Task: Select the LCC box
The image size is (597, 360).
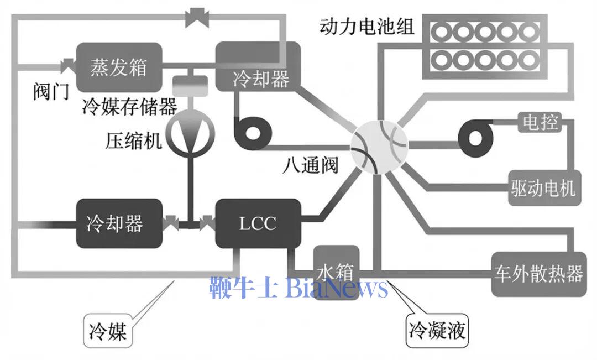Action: pyautogui.click(x=258, y=223)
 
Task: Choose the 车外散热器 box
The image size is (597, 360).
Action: pyautogui.click(x=538, y=274)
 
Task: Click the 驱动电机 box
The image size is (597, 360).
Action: pyautogui.click(x=542, y=189)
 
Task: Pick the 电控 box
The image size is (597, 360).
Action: pyautogui.click(x=539, y=122)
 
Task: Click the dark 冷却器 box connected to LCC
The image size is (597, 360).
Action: pyautogui.click(x=119, y=223)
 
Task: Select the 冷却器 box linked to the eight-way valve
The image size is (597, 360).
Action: pyautogui.click(x=259, y=67)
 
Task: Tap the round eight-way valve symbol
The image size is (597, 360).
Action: pyautogui.click(x=379, y=145)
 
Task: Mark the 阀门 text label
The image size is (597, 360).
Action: pyautogui.click(x=51, y=91)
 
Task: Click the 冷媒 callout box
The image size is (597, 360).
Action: pyautogui.click(x=108, y=331)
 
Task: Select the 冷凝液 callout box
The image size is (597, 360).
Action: pyautogui.click(x=437, y=331)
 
